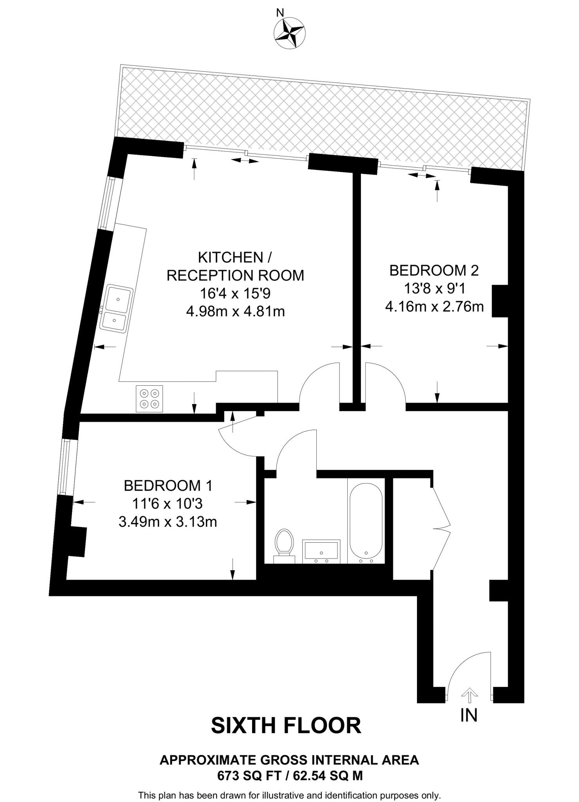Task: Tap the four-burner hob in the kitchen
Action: (149, 399)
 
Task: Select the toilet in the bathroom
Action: (284, 544)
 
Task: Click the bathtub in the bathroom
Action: (366, 521)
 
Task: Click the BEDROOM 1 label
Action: (168, 486)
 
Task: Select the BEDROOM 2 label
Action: (434, 270)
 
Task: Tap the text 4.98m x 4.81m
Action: (235, 312)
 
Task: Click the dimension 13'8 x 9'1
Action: (434, 289)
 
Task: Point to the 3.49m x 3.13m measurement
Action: (168, 522)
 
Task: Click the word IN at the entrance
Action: (469, 715)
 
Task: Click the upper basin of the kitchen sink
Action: (118, 299)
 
